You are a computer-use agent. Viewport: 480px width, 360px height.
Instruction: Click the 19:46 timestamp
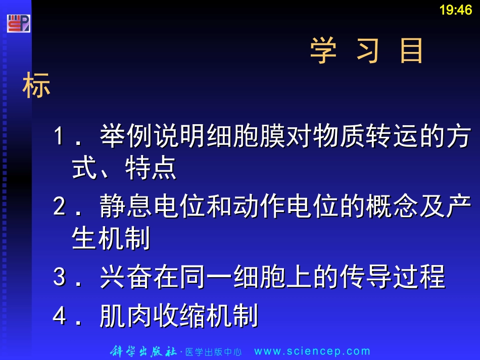455,10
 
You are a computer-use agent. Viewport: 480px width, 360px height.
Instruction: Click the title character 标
36,86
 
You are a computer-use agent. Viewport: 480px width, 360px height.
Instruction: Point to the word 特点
151,168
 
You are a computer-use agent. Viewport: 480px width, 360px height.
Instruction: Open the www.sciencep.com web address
312,351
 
